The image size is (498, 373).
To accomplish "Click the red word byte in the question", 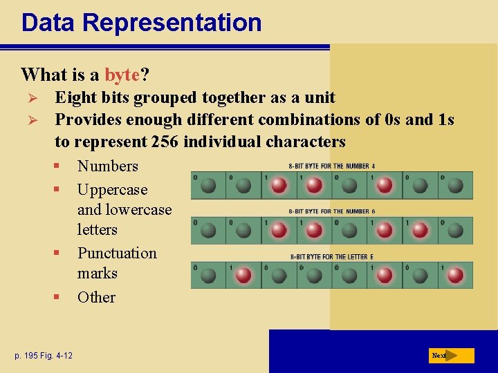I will click(x=122, y=75).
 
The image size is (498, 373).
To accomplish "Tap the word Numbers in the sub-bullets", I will click(x=108, y=166).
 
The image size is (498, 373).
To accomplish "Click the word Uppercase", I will click(x=112, y=189).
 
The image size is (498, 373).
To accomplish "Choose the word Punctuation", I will click(x=117, y=253).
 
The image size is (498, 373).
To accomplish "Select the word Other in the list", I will click(x=96, y=297).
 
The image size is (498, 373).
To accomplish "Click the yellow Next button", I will click(x=452, y=356).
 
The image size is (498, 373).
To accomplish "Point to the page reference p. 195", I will click(x=33, y=356).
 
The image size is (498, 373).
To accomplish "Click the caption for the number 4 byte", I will click(x=332, y=166).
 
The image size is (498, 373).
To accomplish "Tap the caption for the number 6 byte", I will click(x=332, y=211).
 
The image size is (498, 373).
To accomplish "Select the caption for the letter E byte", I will click(x=332, y=257).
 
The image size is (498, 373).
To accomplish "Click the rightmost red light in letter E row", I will click(x=455, y=276).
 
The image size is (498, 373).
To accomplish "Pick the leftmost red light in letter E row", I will click(x=243, y=276).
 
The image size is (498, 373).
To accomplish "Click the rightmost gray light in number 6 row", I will click(x=455, y=231).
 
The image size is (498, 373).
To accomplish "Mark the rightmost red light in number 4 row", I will click(x=385, y=185).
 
